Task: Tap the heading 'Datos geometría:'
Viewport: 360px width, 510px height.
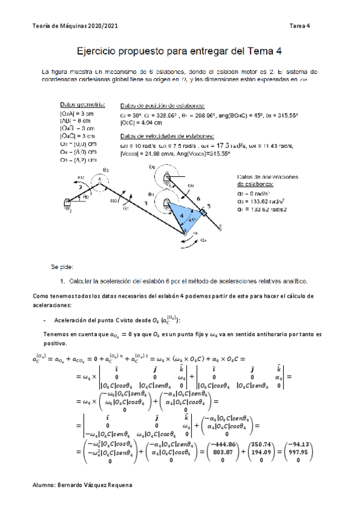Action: pos(83,104)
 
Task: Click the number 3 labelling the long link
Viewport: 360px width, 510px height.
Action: pos(145,204)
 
